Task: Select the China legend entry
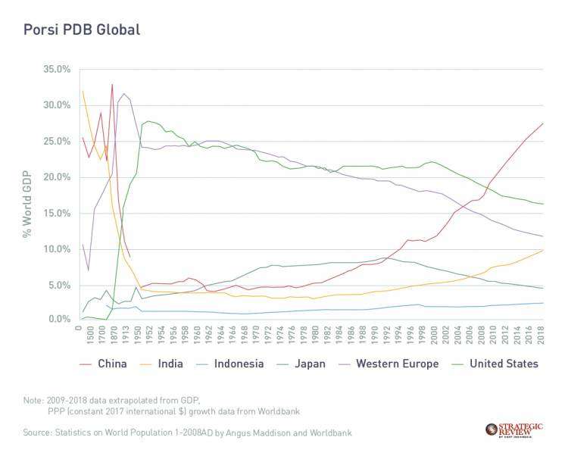(107, 364)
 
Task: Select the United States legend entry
(503, 364)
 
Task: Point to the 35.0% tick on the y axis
(56, 69)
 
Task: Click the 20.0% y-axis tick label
(56, 177)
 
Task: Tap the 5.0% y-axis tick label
(58, 286)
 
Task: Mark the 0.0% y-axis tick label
(58, 320)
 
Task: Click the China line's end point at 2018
(543, 123)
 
